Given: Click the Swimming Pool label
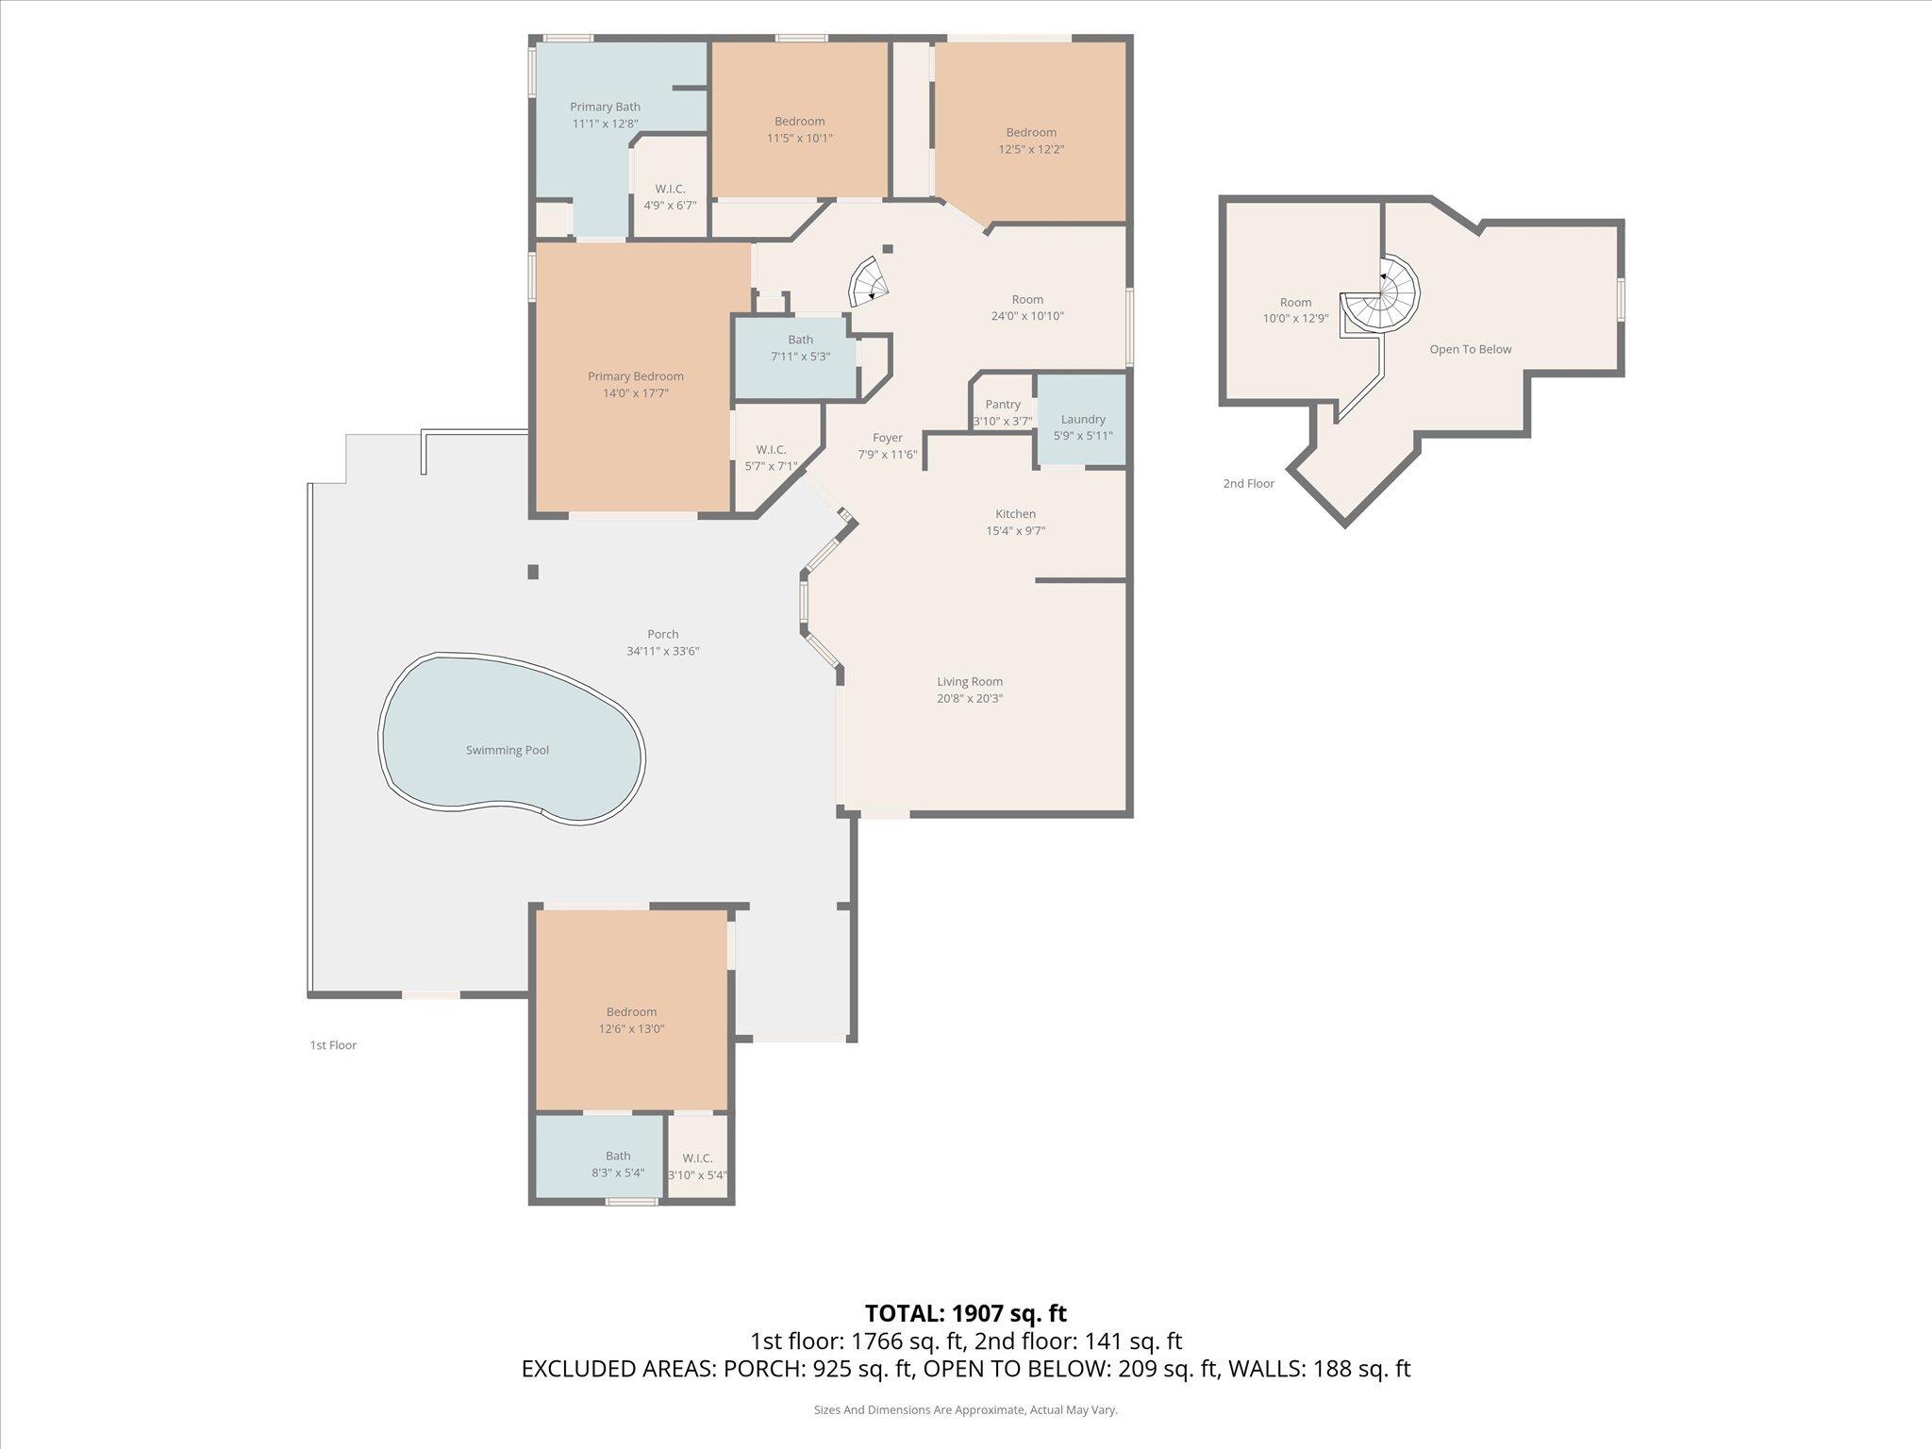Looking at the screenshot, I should pyautogui.click(x=507, y=750).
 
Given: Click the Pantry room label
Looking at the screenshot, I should pyautogui.click(x=1003, y=405).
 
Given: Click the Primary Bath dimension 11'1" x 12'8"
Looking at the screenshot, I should pyautogui.click(x=605, y=124).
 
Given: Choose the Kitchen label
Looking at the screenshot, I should pyautogui.click(x=1015, y=514).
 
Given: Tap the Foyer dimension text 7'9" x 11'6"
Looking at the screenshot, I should pyautogui.click(x=887, y=455).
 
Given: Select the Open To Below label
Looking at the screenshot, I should pyautogui.click(x=1470, y=349).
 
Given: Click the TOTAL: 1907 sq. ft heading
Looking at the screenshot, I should pyautogui.click(x=965, y=1312).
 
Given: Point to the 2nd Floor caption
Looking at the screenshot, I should pyautogui.click(x=1248, y=484).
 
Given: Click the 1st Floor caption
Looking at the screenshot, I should pyautogui.click(x=333, y=1045).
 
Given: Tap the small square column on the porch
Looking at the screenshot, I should pyautogui.click(x=533, y=572).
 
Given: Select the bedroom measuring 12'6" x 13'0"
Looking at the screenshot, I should pyautogui.click(x=631, y=1021).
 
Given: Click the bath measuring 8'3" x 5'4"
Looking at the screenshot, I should pyautogui.click(x=618, y=1164).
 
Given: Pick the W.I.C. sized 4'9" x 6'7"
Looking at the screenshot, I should pyautogui.click(x=670, y=196).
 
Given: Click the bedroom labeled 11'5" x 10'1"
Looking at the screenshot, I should pyautogui.click(x=799, y=129).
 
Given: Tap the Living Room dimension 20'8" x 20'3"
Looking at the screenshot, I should pyautogui.click(x=970, y=699).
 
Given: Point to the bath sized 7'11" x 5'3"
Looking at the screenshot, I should pyautogui.click(x=800, y=348).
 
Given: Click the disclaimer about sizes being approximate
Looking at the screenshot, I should pyautogui.click(x=965, y=1410).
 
